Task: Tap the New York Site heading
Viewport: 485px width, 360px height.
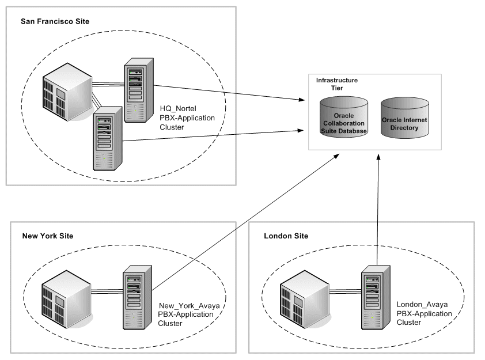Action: pos(48,236)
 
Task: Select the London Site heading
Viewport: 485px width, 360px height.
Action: pos(286,236)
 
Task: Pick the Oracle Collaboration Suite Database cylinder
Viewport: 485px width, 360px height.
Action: pos(344,118)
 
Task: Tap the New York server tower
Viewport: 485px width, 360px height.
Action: pos(138,297)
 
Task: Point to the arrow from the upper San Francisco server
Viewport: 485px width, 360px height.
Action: pos(230,92)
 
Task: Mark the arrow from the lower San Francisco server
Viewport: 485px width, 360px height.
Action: pos(213,135)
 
